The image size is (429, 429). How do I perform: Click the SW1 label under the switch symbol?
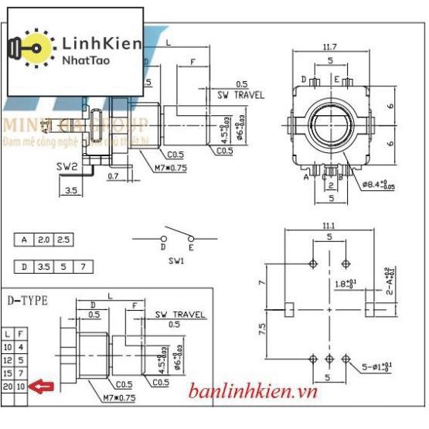tap(175, 263)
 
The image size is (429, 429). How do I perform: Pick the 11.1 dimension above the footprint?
tap(329, 225)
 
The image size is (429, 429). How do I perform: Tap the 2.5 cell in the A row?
tap(64, 240)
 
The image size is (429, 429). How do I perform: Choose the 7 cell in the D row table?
tap(83, 267)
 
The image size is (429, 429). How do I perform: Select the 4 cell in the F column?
tap(21, 347)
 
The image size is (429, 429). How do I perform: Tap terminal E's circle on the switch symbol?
tap(191, 237)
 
